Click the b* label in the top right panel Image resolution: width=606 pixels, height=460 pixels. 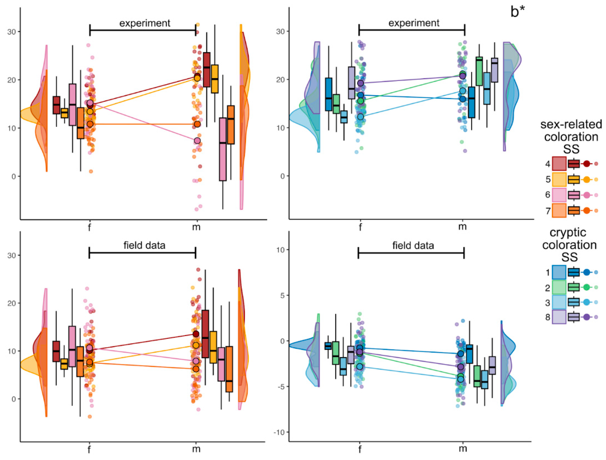pyautogui.click(x=517, y=12)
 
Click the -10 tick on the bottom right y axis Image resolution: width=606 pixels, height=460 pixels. pyautogui.click(x=279, y=432)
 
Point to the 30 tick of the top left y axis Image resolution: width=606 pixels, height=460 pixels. pyautogui.click(x=12, y=32)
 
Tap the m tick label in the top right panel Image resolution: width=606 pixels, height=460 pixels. pyautogui.click(x=462, y=227)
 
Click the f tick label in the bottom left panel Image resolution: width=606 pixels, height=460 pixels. pyautogui.click(x=89, y=449)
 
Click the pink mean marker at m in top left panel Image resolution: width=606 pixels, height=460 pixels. pyautogui.click(x=197, y=141)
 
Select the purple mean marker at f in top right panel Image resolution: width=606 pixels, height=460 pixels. pyautogui.click(x=361, y=83)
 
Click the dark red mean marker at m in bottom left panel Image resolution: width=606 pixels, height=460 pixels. pyautogui.click(x=196, y=334)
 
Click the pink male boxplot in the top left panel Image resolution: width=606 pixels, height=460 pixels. pyautogui.click(x=223, y=149)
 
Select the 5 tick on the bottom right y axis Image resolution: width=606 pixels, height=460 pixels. pyautogui.click(x=281, y=295)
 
